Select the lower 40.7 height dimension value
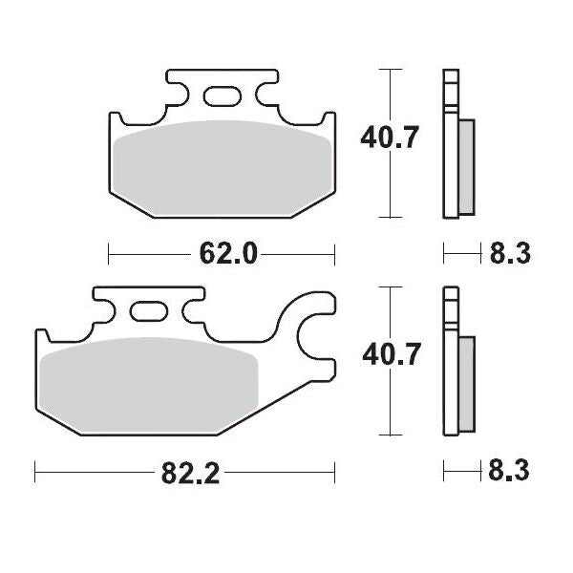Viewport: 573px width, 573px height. [390, 356]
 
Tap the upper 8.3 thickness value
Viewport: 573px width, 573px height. [510, 253]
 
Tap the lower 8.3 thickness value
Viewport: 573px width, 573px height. [510, 471]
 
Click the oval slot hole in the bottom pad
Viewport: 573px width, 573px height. [148, 311]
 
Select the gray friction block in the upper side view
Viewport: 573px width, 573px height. [467, 165]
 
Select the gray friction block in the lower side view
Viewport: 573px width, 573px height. [467, 382]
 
